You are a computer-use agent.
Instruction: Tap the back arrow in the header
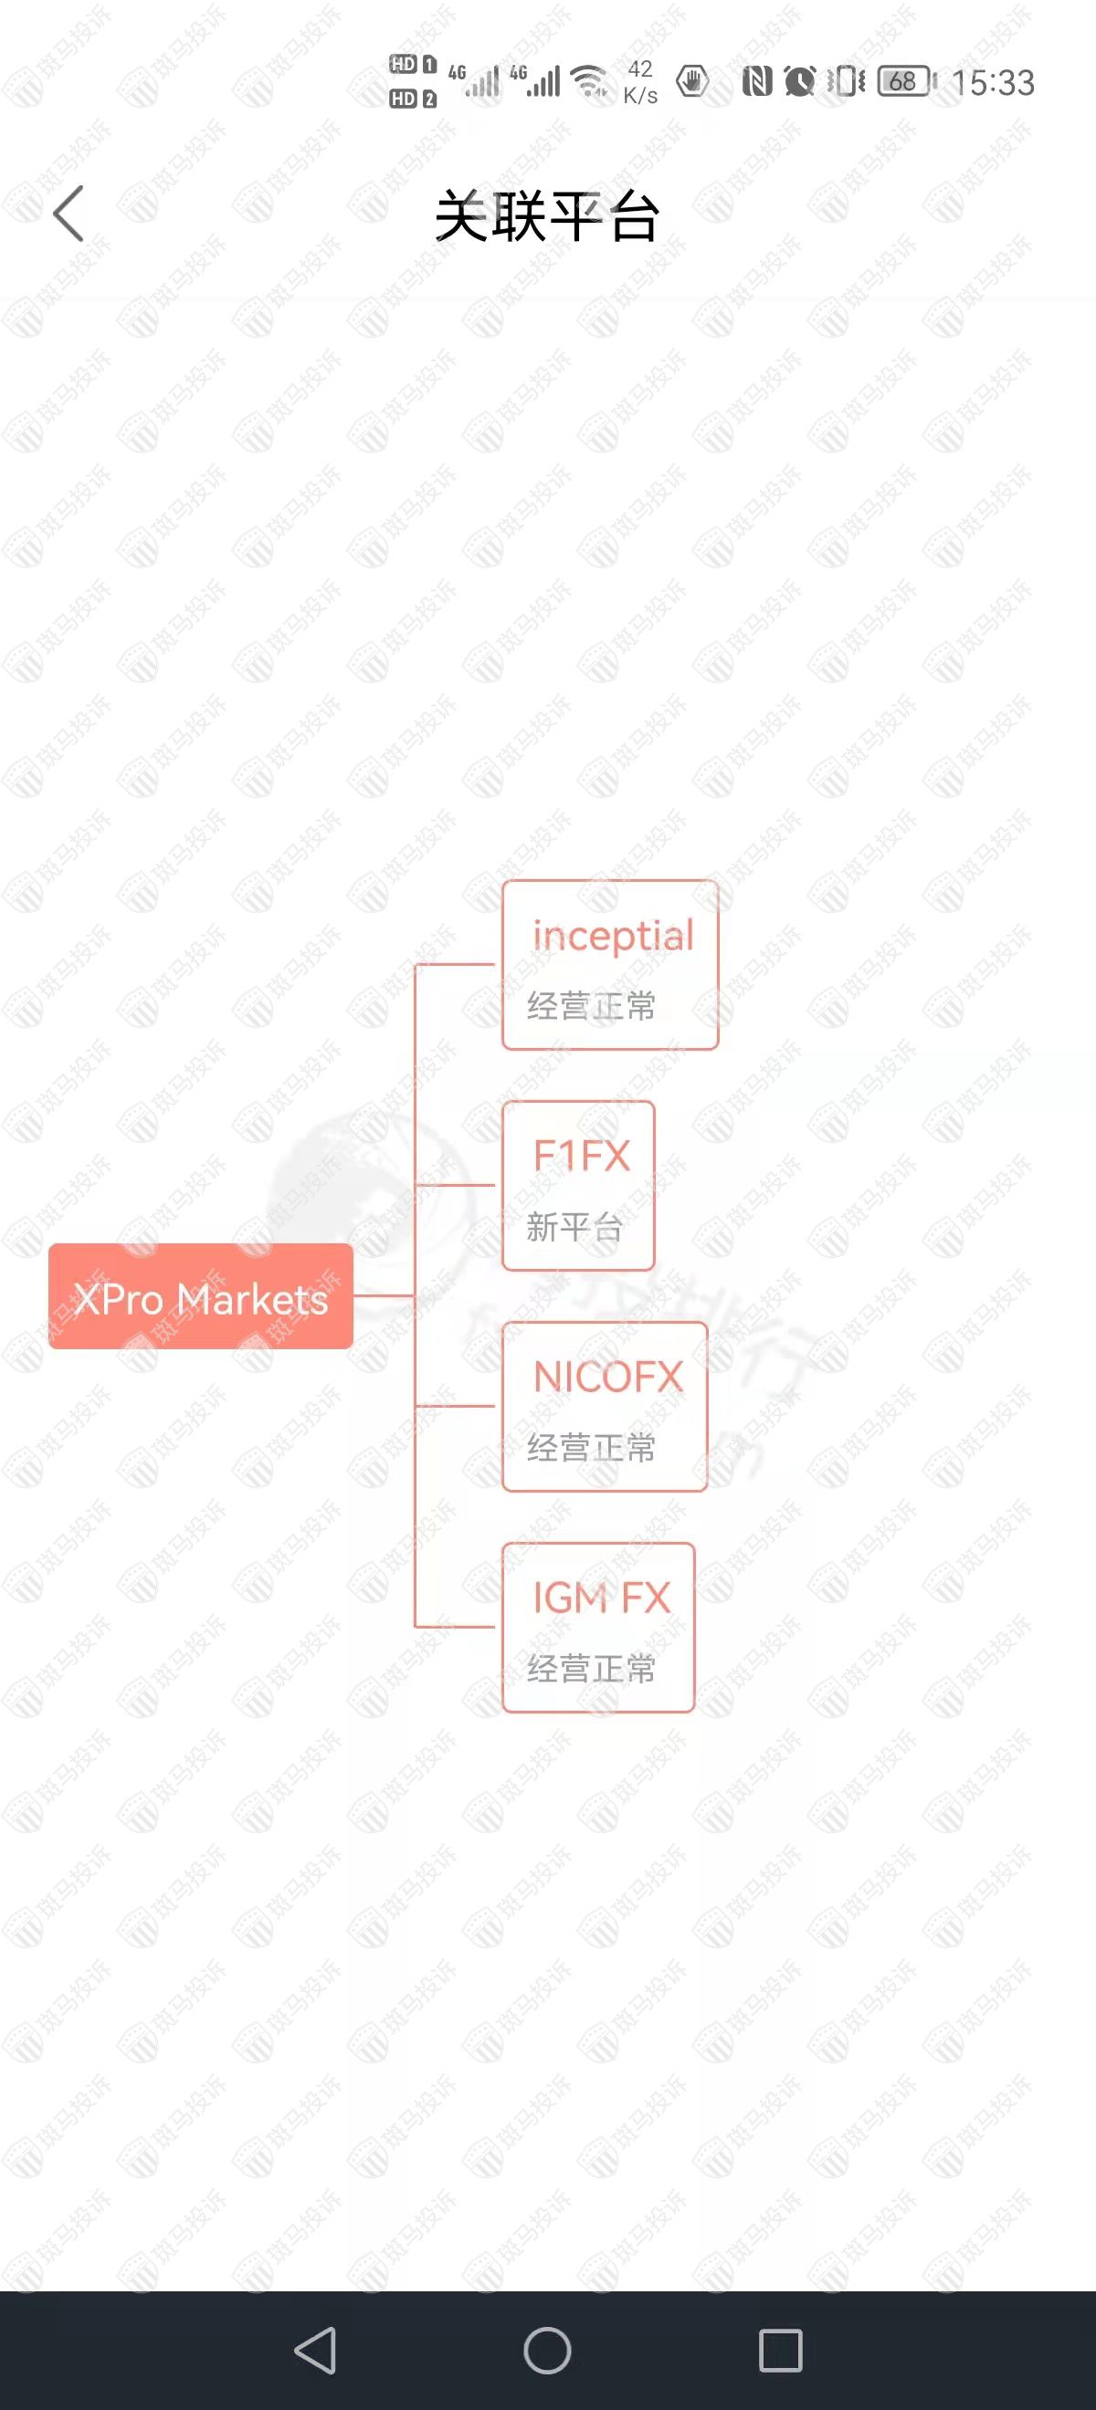[x=68, y=214]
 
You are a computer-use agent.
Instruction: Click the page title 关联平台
[x=547, y=216]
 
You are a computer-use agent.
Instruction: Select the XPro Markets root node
[x=200, y=1296]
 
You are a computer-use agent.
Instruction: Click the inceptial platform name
[x=613, y=936]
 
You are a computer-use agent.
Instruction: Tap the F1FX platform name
[x=581, y=1156]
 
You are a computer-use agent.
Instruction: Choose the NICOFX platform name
[x=608, y=1377]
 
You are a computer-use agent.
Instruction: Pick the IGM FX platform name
[x=602, y=1597]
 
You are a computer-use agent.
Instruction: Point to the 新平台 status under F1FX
[x=574, y=1227]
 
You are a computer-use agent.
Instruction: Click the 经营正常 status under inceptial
[x=592, y=1006]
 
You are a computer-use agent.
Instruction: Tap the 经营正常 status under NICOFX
[x=592, y=1447]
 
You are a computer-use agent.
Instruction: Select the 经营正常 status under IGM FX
[x=592, y=1668]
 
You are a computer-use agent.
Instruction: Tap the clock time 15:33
[x=993, y=82]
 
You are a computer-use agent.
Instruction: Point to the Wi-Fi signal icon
[x=590, y=81]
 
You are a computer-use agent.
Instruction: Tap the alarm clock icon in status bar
[x=799, y=81]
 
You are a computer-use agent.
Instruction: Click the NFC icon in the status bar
[x=756, y=81]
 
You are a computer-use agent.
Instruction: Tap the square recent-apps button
[x=780, y=2350]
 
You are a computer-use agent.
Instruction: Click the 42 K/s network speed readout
[x=640, y=81]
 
